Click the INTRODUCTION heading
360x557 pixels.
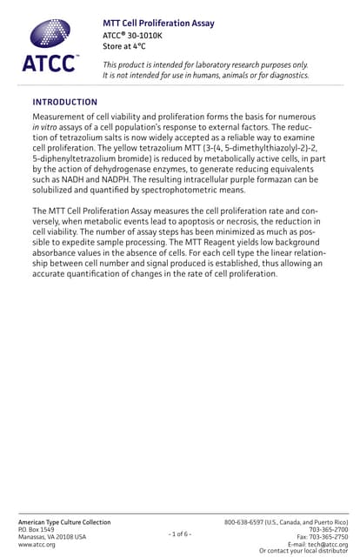pos(64,102)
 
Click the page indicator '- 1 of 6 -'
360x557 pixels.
pos(180,533)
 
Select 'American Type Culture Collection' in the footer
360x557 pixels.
pos(64,521)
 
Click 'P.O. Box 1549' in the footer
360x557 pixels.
pos(37,529)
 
